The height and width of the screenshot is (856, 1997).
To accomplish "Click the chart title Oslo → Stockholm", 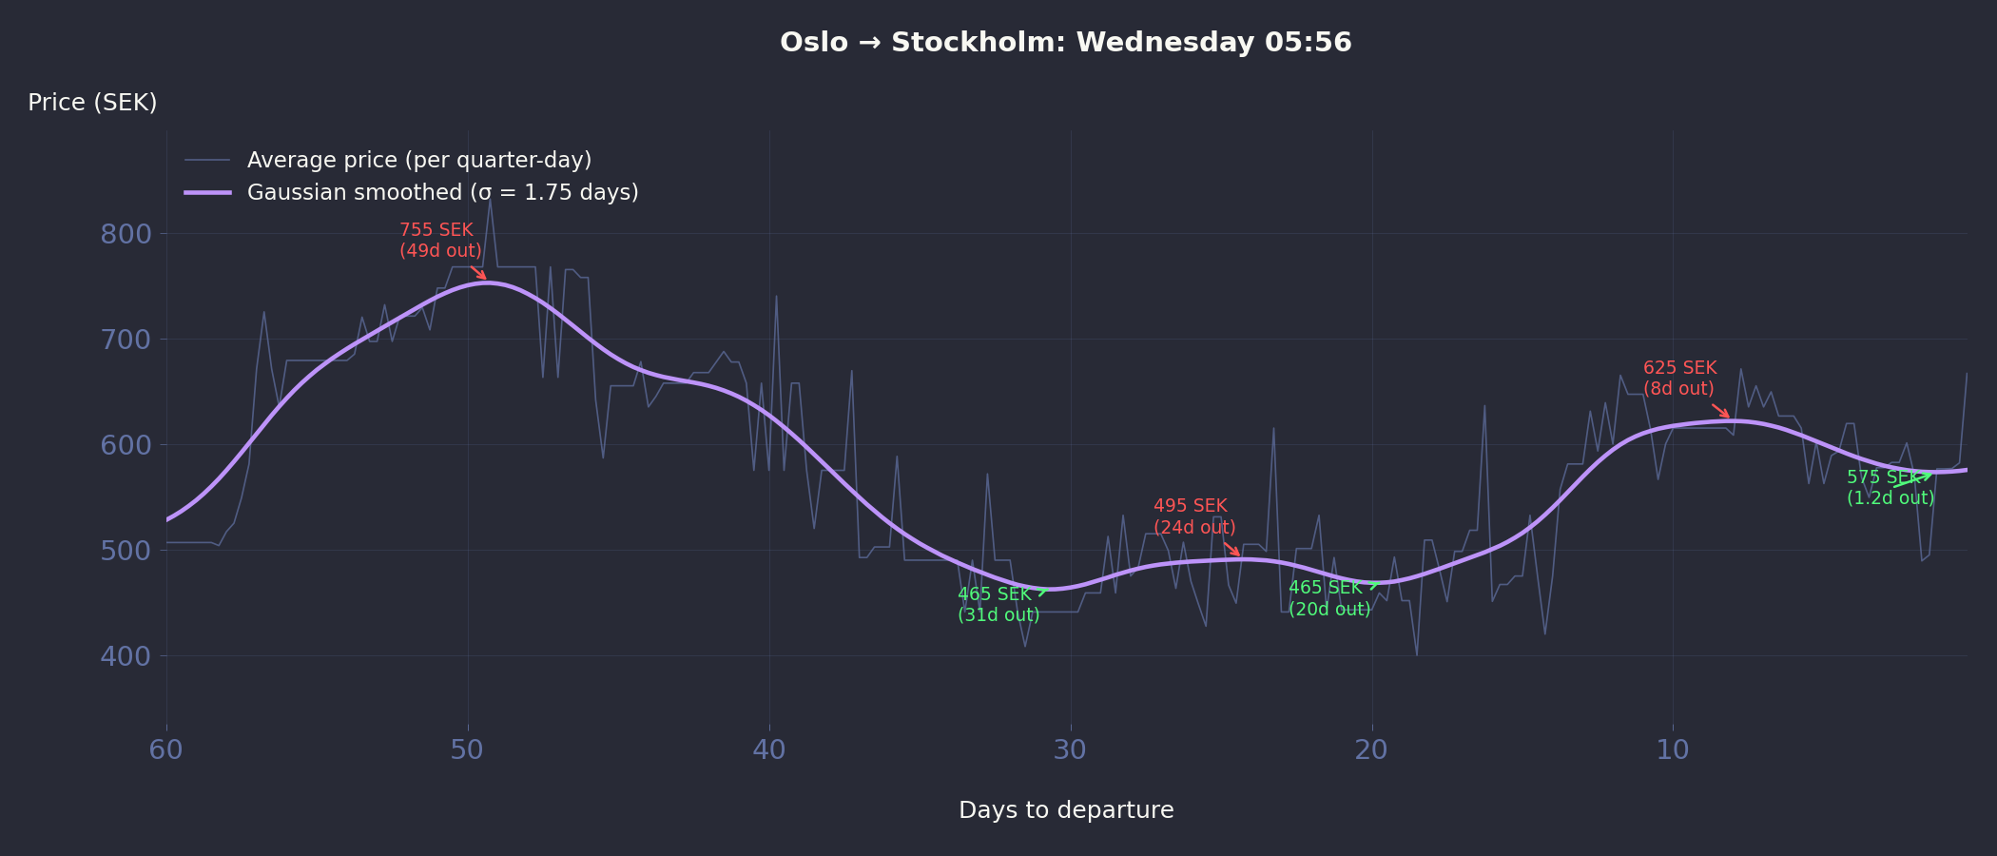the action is pos(1065,43).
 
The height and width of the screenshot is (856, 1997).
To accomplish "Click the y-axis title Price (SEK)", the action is pos(92,103).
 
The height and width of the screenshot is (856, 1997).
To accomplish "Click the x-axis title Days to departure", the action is pos(1066,810).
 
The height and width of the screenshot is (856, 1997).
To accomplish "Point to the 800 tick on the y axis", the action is pos(126,234).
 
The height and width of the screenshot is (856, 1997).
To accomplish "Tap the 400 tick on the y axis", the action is pos(126,656).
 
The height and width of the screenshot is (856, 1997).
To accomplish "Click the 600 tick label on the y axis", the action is pos(126,445).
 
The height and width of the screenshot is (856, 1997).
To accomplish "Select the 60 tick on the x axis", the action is pos(166,750).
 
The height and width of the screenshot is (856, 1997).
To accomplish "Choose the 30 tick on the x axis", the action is pos(1071,750).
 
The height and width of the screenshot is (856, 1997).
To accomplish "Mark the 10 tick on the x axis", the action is pos(1673,750).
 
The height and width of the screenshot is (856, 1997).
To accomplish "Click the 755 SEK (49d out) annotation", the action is pos(440,241).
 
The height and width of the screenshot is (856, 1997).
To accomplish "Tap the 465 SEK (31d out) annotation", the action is pos(998,605).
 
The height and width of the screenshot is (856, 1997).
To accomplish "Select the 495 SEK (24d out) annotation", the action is pos(1194,516).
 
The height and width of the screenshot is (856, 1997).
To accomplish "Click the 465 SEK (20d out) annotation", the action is pos(1329,598).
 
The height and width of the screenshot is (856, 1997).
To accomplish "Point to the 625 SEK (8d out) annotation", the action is pos(1680,379).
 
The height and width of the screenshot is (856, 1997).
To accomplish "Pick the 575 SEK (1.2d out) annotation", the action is pos(1890,488).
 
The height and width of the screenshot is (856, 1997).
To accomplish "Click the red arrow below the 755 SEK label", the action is pos(478,273).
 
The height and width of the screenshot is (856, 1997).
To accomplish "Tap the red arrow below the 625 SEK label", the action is pos(1721,411).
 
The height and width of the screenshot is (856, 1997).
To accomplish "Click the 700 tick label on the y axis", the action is pos(126,340).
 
